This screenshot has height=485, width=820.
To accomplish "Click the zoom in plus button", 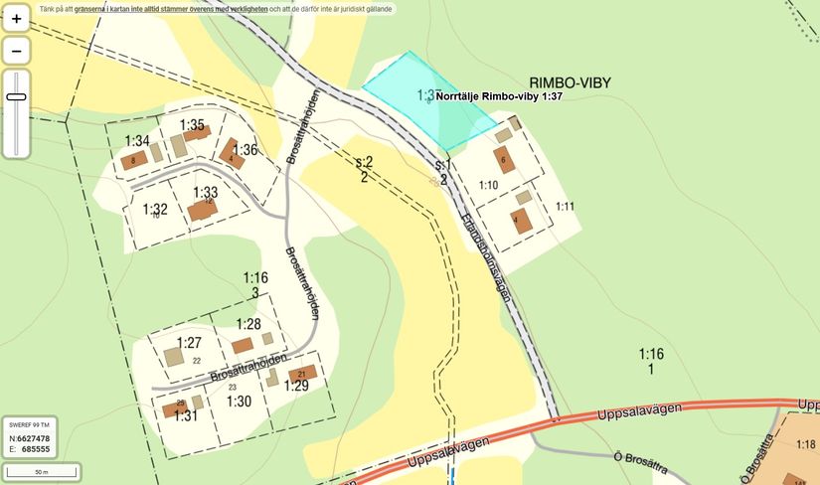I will click(x=16, y=18).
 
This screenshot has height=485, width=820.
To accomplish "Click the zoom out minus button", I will click(x=16, y=51).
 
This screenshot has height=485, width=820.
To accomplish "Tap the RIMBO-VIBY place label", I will click(x=570, y=82).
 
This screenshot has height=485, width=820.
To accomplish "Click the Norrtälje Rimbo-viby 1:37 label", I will click(x=500, y=96).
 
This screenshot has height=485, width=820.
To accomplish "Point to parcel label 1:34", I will click(x=137, y=140).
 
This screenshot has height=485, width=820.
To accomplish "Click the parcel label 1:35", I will click(x=192, y=125).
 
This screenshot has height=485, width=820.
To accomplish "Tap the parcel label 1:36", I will click(x=246, y=150).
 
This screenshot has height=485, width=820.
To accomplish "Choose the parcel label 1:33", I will click(x=205, y=192).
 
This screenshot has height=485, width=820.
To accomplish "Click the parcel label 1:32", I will click(x=155, y=210).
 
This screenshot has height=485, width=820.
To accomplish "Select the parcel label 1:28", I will click(x=248, y=324).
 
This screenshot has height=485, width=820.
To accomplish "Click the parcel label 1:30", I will click(x=239, y=402).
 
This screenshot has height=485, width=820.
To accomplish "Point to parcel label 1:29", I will click(x=296, y=386).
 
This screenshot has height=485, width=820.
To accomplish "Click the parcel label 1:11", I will click(x=566, y=206).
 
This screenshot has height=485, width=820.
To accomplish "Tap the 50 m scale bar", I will click(x=41, y=471).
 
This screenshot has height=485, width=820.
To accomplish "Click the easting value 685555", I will click(x=36, y=449).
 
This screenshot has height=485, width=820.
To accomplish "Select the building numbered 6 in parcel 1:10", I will click(x=505, y=159).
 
